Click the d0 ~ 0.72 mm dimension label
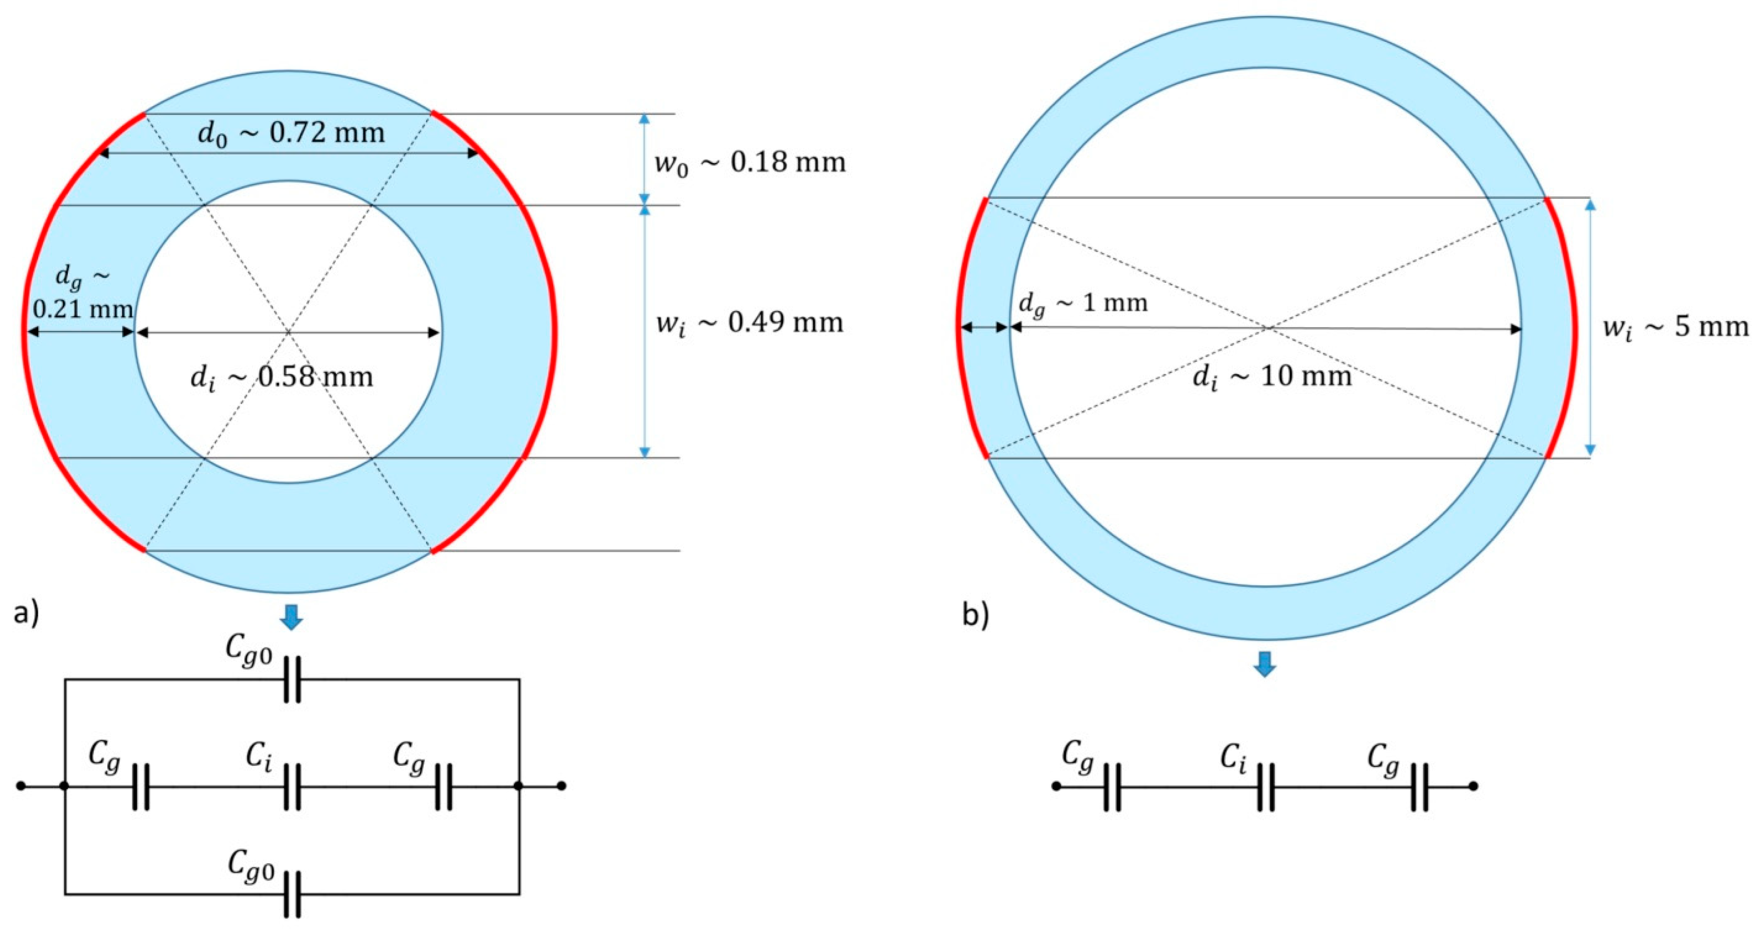pyautogui.click(x=291, y=132)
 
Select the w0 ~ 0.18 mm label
pyautogui.click(x=750, y=163)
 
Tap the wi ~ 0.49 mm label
pyautogui.click(x=749, y=322)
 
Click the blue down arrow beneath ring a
pyautogui.click(x=291, y=617)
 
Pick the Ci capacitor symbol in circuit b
pyautogui.click(x=1265, y=786)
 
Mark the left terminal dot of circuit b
pyautogui.click(x=1056, y=786)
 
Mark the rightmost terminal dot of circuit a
pyautogui.click(x=561, y=786)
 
